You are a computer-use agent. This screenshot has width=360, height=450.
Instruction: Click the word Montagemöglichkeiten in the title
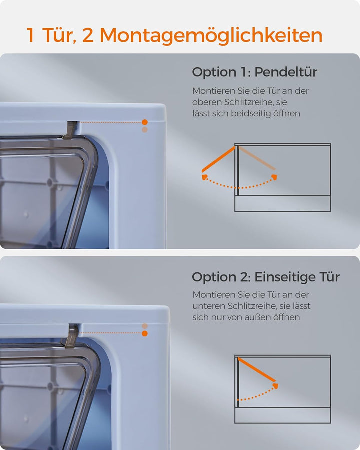coord(211,36)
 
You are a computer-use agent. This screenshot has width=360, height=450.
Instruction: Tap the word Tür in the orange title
coord(59,35)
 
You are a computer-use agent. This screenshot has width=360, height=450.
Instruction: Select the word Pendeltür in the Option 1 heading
coord(286,72)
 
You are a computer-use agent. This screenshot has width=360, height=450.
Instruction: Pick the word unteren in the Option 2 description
coord(208,306)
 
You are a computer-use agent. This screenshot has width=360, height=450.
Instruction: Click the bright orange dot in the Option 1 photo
coord(145,122)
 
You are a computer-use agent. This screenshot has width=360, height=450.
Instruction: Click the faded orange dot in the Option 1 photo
coord(145,130)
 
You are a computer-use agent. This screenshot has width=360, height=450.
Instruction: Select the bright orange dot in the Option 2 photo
coord(145,333)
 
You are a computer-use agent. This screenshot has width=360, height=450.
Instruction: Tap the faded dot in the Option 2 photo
coord(145,326)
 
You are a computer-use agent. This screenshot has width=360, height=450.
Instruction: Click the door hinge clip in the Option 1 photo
coord(70,130)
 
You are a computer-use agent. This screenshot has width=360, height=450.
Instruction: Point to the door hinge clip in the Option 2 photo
coord(70,336)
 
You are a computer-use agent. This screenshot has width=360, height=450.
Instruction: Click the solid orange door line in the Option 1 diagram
coord(218,159)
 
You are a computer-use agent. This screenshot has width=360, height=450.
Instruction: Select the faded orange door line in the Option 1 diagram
coord(257,158)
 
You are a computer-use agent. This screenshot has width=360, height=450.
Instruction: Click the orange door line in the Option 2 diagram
coord(257,369)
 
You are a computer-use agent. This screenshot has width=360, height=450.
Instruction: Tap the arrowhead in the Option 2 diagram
coord(275,386)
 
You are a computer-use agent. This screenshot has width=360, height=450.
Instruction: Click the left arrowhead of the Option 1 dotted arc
coord(204,177)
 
